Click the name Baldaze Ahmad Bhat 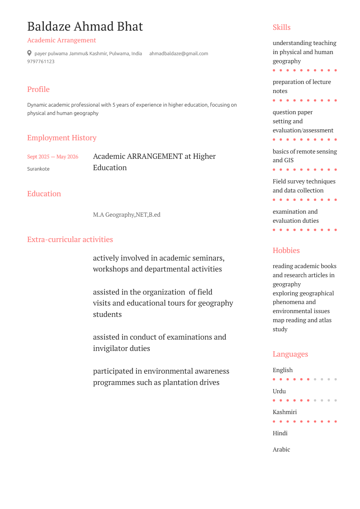coord(85,26)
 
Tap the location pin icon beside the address coord(29,53)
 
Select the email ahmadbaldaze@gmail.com coord(178,54)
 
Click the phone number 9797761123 coord(41,62)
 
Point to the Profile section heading coord(38,89)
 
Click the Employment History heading coord(62,138)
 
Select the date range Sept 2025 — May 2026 coord(53,157)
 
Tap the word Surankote coord(38,169)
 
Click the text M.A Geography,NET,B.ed coord(127,215)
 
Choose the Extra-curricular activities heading coord(70,239)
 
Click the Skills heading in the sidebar coord(282,27)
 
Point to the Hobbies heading coord(286,250)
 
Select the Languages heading coord(290,354)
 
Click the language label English coord(283,370)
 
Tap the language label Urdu coord(279,391)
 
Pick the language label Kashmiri coord(285,412)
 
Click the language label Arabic coord(281,450)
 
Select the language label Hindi coord(280,433)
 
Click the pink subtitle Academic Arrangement coord(62,40)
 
